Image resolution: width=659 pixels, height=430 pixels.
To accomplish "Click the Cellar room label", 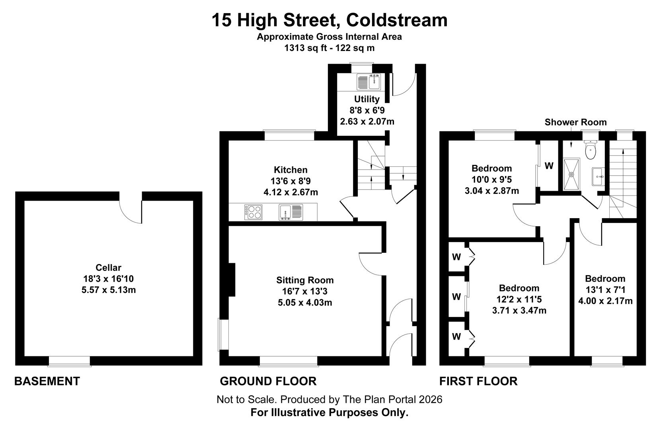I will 108,268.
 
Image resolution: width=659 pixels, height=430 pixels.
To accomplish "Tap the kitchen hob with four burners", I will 253,212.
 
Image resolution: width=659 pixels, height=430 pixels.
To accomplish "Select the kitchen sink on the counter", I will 291,212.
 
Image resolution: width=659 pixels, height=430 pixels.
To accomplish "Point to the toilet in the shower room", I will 590,149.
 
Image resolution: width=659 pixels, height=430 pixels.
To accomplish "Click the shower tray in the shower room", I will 572,174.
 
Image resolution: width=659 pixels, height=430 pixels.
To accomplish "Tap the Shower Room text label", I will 575,122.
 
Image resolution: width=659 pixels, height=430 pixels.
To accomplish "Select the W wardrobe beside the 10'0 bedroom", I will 549,166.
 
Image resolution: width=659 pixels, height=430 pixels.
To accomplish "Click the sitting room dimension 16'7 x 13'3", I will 305,291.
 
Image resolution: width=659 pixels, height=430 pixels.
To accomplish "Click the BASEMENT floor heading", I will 47,381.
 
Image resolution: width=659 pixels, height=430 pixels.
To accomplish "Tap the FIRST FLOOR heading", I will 478,381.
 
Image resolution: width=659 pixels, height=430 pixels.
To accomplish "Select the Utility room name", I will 367,99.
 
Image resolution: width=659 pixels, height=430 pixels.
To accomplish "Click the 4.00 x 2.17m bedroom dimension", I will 605,301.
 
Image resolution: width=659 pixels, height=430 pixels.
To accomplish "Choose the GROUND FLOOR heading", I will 268,381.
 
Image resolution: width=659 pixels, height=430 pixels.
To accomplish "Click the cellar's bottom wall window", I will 69,361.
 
